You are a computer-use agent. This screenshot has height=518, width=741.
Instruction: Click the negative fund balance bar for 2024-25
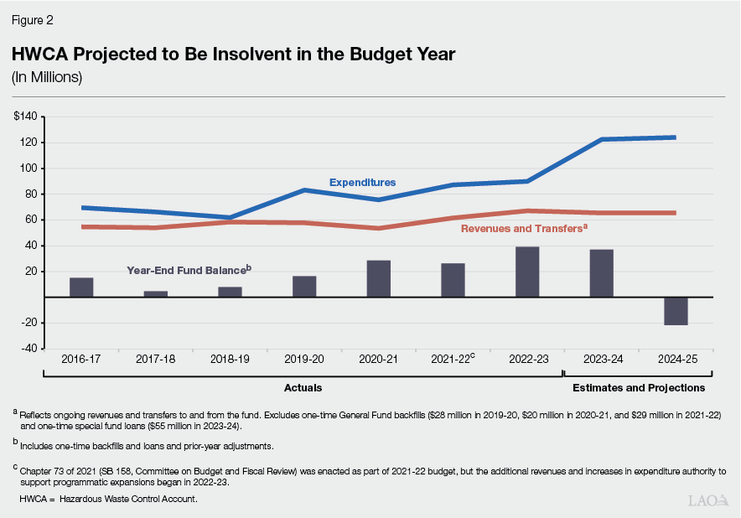click(676, 311)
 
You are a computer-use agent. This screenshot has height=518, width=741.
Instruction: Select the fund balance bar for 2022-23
click(527, 272)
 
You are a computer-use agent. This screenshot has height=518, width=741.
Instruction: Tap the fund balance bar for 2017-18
click(156, 293)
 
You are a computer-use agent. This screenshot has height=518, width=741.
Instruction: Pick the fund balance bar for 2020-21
click(379, 278)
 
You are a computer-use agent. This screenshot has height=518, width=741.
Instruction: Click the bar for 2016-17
click(81, 287)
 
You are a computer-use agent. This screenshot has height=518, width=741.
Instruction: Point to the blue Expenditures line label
click(362, 182)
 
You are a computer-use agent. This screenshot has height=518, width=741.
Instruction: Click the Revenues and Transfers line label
click(521, 227)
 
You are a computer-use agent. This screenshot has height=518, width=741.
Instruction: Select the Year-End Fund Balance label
click(189, 271)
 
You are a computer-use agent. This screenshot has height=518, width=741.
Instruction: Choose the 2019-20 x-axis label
click(304, 359)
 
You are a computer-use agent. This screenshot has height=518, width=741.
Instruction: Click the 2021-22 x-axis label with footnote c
click(453, 359)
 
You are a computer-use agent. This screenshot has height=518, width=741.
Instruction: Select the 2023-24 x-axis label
click(601, 359)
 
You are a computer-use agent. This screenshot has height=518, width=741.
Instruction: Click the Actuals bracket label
click(303, 388)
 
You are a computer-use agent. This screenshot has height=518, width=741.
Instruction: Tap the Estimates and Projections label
click(638, 388)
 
